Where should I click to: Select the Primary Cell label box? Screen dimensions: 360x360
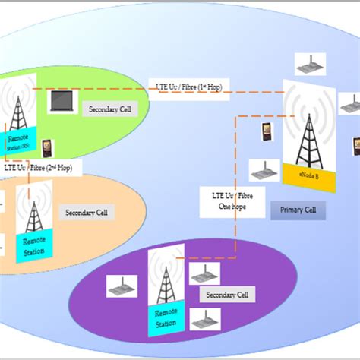[x=298, y=209]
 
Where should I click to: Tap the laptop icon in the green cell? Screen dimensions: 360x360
[x=62, y=102]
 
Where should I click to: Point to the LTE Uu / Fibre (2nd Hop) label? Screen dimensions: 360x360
[x=34, y=166]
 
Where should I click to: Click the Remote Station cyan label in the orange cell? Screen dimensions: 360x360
[x=34, y=247]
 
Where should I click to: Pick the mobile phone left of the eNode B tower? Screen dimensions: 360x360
[x=267, y=131]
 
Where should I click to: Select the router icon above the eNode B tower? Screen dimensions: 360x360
[x=310, y=64]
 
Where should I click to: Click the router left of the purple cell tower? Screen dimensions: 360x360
[x=122, y=286]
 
